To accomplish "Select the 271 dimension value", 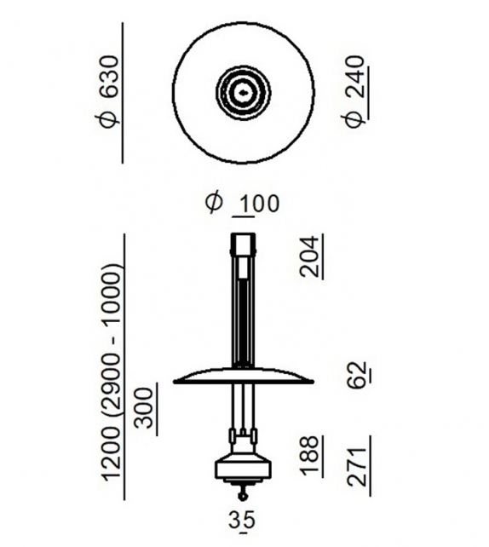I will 358,464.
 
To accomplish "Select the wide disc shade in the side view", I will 244,378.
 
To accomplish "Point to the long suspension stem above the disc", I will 244,315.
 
